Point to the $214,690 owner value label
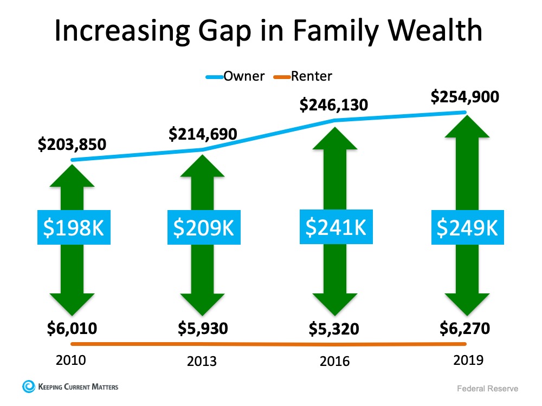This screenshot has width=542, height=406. point(203,133)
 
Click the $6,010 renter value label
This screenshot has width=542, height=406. point(73,327)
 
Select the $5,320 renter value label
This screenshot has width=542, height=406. point(334,329)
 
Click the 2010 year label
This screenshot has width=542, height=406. point(72,359)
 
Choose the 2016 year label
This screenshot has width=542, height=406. point(334,361)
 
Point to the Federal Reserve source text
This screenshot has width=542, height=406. point(487,389)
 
